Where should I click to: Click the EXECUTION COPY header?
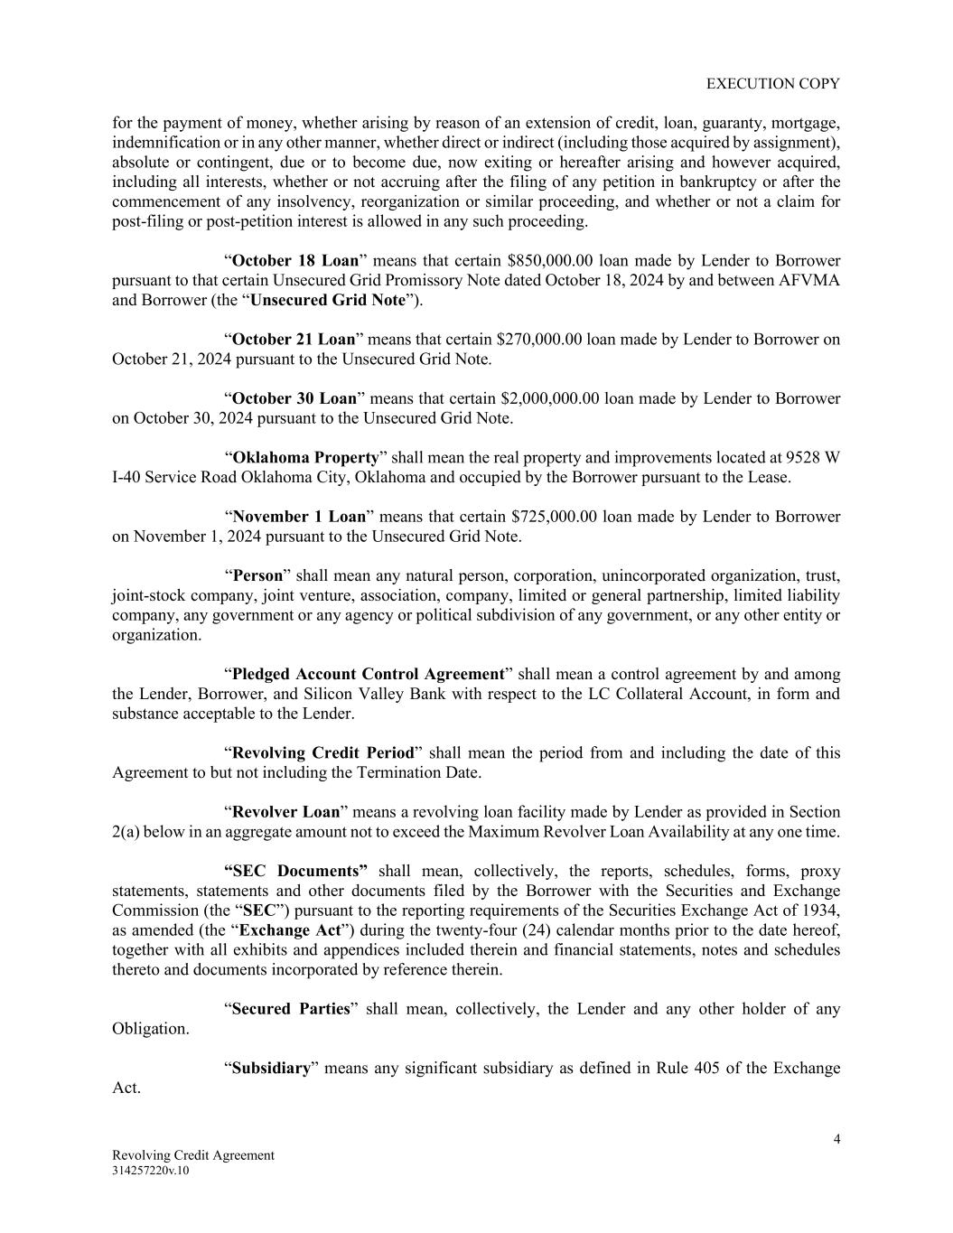click(x=772, y=83)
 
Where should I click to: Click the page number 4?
click(x=836, y=1139)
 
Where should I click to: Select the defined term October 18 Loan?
click(x=294, y=261)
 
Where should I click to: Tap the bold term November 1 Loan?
click(x=299, y=517)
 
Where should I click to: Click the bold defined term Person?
click(x=257, y=575)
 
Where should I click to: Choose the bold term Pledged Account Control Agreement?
click(x=368, y=674)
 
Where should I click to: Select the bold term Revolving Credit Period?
click(x=322, y=752)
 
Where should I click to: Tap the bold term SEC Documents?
click(x=295, y=871)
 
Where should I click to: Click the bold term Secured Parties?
click(x=290, y=1009)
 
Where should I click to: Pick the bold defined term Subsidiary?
click(x=271, y=1068)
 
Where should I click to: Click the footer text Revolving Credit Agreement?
click(x=193, y=1155)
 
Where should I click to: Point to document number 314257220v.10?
click(x=151, y=1171)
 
